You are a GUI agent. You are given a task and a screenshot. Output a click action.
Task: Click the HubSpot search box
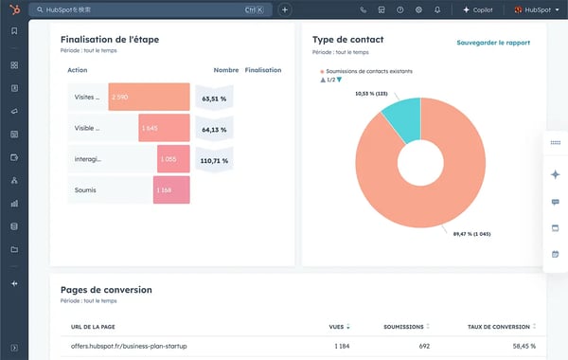[x=142, y=9]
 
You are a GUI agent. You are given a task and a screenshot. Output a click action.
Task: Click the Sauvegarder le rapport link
[x=493, y=43]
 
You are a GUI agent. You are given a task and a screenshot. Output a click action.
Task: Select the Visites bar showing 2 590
[x=149, y=97]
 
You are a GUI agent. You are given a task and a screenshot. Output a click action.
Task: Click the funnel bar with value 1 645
[x=164, y=128]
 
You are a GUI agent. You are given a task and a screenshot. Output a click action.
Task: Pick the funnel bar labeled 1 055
[x=173, y=159]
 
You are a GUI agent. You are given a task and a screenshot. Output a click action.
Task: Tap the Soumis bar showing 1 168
[x=171, y=190]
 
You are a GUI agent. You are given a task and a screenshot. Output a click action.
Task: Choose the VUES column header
[x=337, y=326]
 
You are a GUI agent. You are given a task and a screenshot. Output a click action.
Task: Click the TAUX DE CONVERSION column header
[x=501, y=326]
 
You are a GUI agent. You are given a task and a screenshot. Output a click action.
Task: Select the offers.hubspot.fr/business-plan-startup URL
[x=129, y=347]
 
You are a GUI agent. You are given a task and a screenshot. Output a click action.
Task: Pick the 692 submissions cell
[x=423, y=347]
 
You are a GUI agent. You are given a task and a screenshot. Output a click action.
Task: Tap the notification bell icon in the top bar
[x=437, y=9]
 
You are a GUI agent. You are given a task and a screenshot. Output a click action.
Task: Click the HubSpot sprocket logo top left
[x=13, y=9]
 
